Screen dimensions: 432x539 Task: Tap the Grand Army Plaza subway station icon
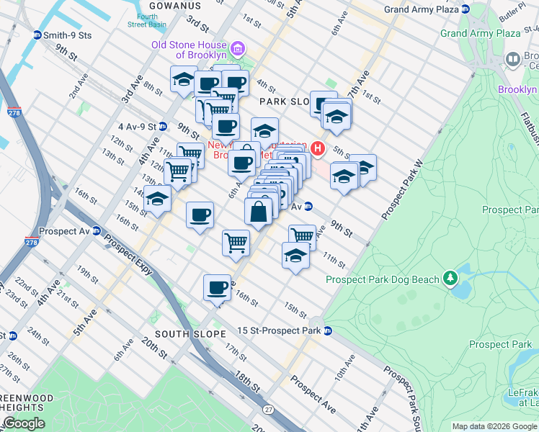[x=465, y=9]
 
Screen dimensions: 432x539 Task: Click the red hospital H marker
[x=318, y=149]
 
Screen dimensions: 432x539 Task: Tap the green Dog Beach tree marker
[x=450, y=277]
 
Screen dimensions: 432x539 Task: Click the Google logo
[x=23, y=423]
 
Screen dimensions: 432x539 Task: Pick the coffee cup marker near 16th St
[x=217, y=288]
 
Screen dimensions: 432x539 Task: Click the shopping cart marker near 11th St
[x=303, y=236]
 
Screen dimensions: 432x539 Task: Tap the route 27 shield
[x=268, y=410]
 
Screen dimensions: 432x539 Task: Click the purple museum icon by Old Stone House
[x=239, y=49]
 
